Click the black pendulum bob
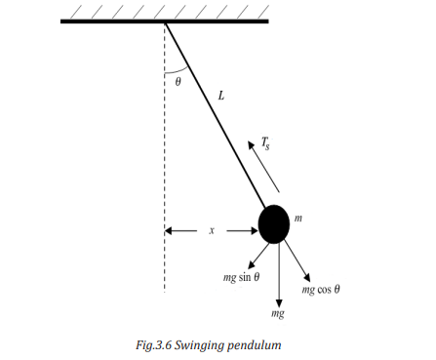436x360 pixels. (274, 224)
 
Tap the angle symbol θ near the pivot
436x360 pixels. (178, 82)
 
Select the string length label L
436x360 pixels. (221, 96)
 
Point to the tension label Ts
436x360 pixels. (265, 143)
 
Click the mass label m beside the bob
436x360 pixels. (298, 219)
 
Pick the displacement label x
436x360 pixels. (212, 230)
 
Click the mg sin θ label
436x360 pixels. (241, 277)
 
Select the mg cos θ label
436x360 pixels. (321, 289)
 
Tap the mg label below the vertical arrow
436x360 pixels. (278, 313)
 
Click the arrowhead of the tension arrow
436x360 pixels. (251, 144)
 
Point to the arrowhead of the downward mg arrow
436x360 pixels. (279, 302)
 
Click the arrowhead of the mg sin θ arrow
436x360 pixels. (252, 264)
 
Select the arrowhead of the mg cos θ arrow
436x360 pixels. (307, 277)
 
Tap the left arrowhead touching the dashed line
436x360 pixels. (169, 231)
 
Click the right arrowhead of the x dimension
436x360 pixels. (254, 231)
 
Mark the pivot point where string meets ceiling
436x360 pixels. (166, 22)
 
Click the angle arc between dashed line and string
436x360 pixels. (178, 71)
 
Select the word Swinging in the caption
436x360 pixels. (199, 345)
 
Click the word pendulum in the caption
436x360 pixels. (254, 345)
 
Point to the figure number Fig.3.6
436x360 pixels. (153, 345)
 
